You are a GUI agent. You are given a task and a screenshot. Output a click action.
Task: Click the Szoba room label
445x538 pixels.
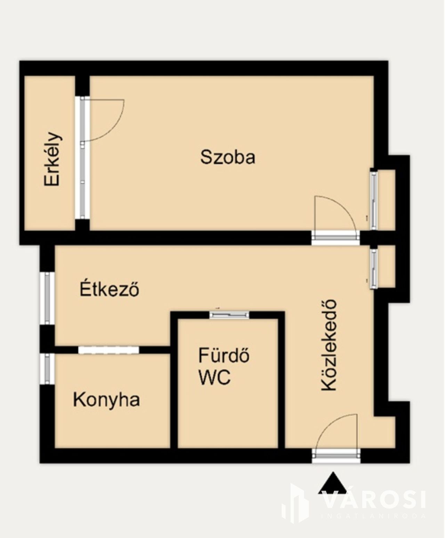point(228,157)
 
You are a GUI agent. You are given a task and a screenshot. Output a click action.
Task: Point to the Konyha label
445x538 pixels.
point(106,400)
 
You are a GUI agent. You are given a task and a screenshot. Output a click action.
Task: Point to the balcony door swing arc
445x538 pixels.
point(113,129)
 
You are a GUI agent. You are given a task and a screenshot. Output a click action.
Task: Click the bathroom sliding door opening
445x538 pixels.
point(229,315)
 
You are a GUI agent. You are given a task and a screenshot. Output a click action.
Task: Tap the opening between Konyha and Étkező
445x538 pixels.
point(108,350)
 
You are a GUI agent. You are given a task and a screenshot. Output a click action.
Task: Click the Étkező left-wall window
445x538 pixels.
point(47,298)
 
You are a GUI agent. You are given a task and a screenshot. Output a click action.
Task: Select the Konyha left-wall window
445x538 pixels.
point(47,369)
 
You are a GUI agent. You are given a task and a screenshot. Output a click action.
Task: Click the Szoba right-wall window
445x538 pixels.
point(373,200)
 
